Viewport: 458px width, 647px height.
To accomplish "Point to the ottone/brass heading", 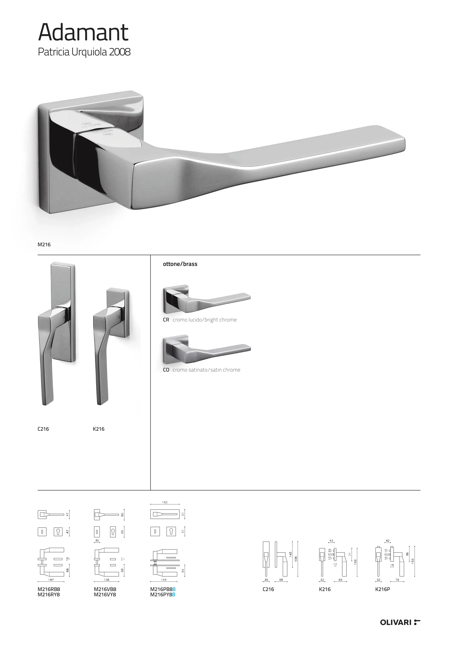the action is tap(180, 264).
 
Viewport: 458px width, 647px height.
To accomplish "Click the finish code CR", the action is tap(166, 320).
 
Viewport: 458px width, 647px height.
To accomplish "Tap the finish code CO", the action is tap(166, 370).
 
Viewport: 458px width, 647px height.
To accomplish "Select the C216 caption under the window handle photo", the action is tap(43, 429).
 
